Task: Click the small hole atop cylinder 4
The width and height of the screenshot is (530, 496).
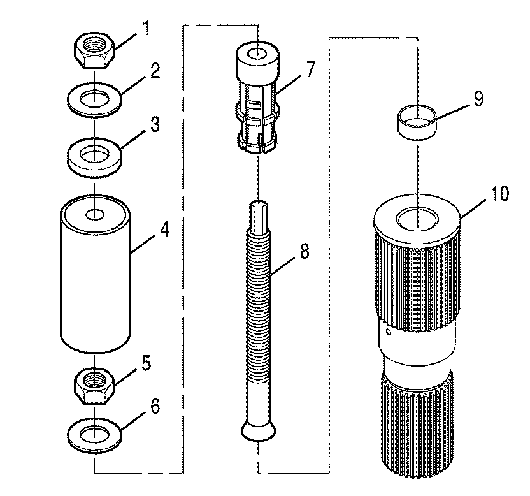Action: point(95,214)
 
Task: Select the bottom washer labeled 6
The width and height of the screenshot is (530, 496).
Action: point(95,435)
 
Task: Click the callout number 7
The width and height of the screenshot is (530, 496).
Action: point(310,69)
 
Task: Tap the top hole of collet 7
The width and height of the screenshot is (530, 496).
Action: point(259,54)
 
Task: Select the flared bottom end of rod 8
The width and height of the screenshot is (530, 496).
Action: point(259,430)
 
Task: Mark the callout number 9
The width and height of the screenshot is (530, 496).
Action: point(478,99)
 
